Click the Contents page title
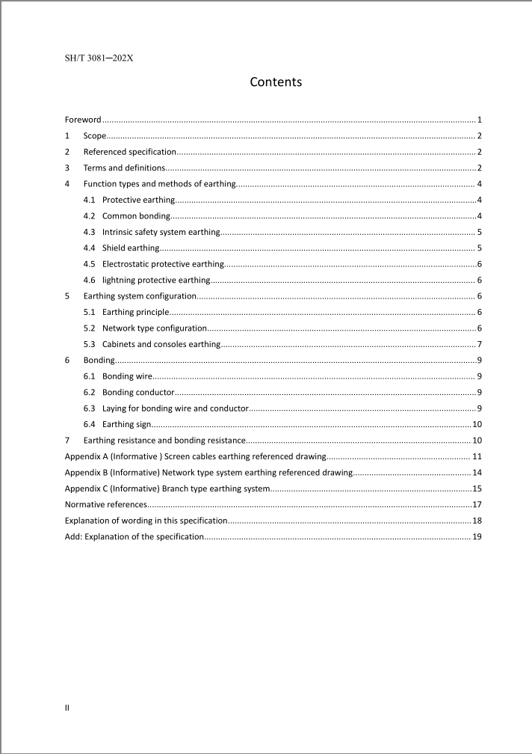tap(276, 82)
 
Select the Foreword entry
tap(83, 120)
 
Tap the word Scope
tap(94, 136)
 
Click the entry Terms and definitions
tap(124, 168)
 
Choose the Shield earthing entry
tap(131, 248)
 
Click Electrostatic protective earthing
tap(163, 264)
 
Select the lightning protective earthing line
tap(156, 281)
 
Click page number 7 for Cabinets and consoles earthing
tap(478, 345)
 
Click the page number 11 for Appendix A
tap(475, 456)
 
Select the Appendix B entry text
tap(208, 473)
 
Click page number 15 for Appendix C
tap(475, 488)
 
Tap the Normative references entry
tap(105, 505)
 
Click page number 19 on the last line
tap(475, 537)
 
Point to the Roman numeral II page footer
tap(67, 707)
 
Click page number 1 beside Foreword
tap(478, 120)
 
